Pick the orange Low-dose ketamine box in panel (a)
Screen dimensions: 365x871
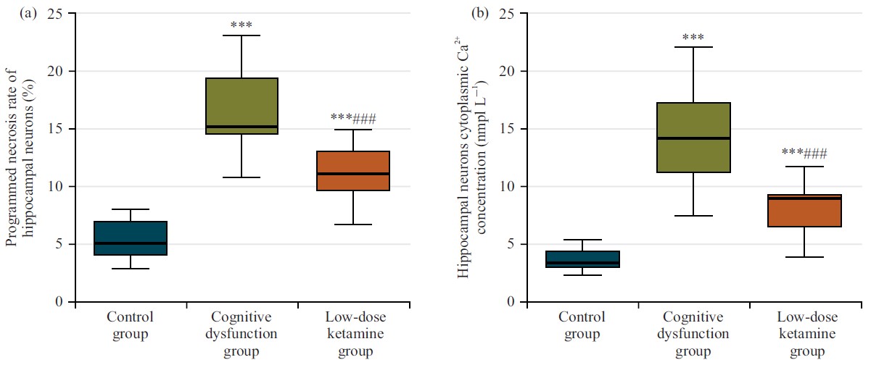[353, 171]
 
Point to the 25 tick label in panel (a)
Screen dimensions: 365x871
[54, 14]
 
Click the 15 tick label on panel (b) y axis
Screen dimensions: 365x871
[506, 129]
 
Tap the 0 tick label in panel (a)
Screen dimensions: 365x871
[59, 302]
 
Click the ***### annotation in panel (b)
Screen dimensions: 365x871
[805, 153]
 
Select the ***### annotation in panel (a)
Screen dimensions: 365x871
[353, 118]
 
